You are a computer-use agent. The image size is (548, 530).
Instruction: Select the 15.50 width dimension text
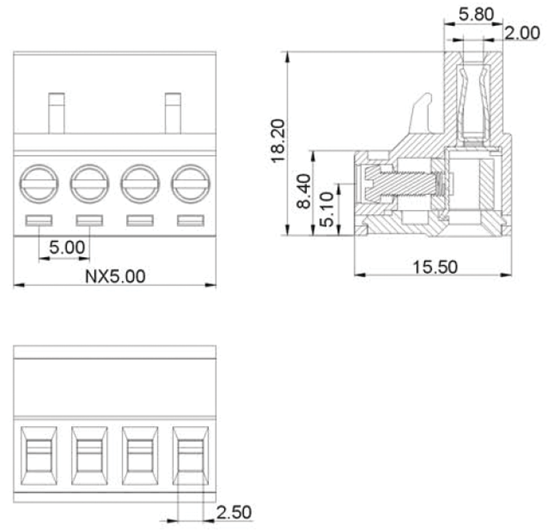pos(435,267)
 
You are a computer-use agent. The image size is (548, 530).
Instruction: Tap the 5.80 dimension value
pos(473,12)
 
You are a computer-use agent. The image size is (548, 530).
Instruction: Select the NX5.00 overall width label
pos(115,276)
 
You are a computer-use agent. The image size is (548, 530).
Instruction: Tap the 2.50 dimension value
pos(234,512)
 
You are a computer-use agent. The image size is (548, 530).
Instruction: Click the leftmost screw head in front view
pos(39,183)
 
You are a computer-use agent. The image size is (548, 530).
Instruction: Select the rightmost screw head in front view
pos(190,183)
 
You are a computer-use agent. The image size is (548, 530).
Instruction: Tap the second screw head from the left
pos(90,183)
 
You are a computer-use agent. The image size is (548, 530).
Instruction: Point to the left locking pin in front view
pos(56,114)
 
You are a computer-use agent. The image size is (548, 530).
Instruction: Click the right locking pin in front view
pos(173,114)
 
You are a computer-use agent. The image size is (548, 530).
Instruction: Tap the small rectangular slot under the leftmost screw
pos(39,220)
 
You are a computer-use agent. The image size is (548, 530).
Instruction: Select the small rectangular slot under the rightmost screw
pos(190,220)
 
